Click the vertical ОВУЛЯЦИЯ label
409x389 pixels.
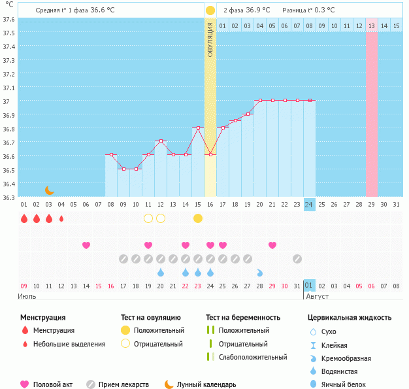coord(210,39)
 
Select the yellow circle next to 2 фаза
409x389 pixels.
coord(210,10)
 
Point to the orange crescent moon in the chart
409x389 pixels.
coord(50,190)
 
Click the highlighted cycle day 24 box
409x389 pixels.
coord(309,204)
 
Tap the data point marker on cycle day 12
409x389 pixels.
coord(161,141)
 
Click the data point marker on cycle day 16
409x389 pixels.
coord(210,154)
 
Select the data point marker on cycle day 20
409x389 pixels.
coord(260,100)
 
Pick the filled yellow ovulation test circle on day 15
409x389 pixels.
coord(198,218)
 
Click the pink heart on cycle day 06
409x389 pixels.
coord(86,245)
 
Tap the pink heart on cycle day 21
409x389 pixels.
coord(272,245)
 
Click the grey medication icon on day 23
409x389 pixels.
coord(297,258)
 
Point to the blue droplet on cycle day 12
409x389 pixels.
coord(161,272)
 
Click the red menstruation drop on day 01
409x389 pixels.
coord(24,218)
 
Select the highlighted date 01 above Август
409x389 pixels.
coord(309,286)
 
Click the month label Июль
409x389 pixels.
coord(27,296)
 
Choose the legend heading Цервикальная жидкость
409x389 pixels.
coord(350,318)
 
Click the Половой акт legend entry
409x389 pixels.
coord(49,384)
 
